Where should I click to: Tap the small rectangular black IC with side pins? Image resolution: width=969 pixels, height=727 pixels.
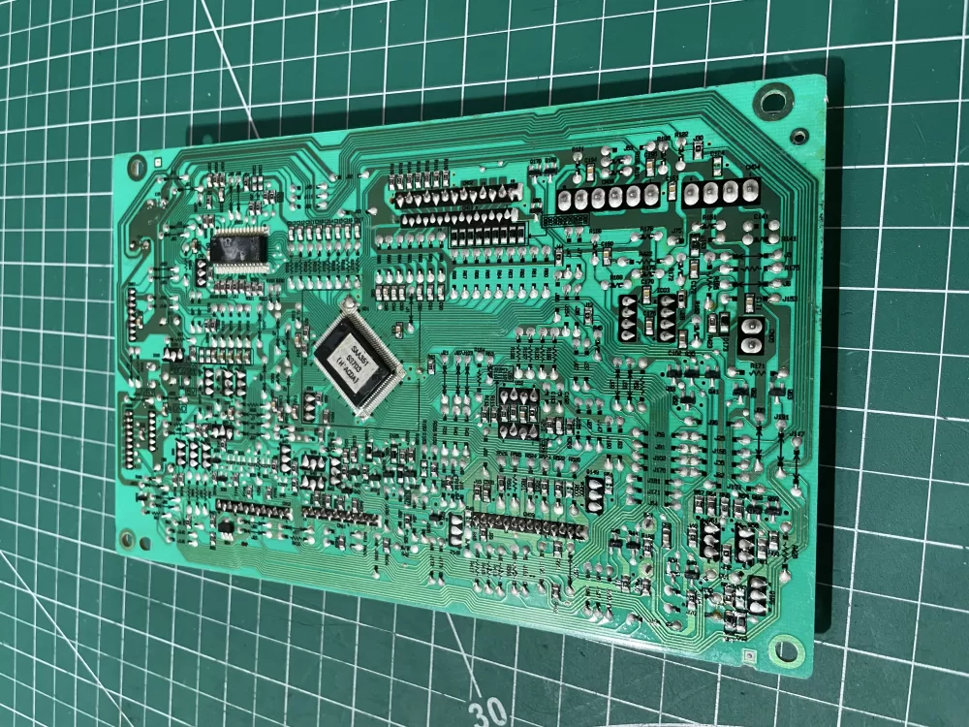click(239, 249)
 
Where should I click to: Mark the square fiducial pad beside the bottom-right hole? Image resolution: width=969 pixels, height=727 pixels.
click(751, 657)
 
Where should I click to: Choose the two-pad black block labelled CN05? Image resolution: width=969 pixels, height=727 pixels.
click(751, 334)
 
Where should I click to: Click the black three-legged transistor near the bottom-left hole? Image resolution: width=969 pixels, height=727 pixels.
click(225, 526)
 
